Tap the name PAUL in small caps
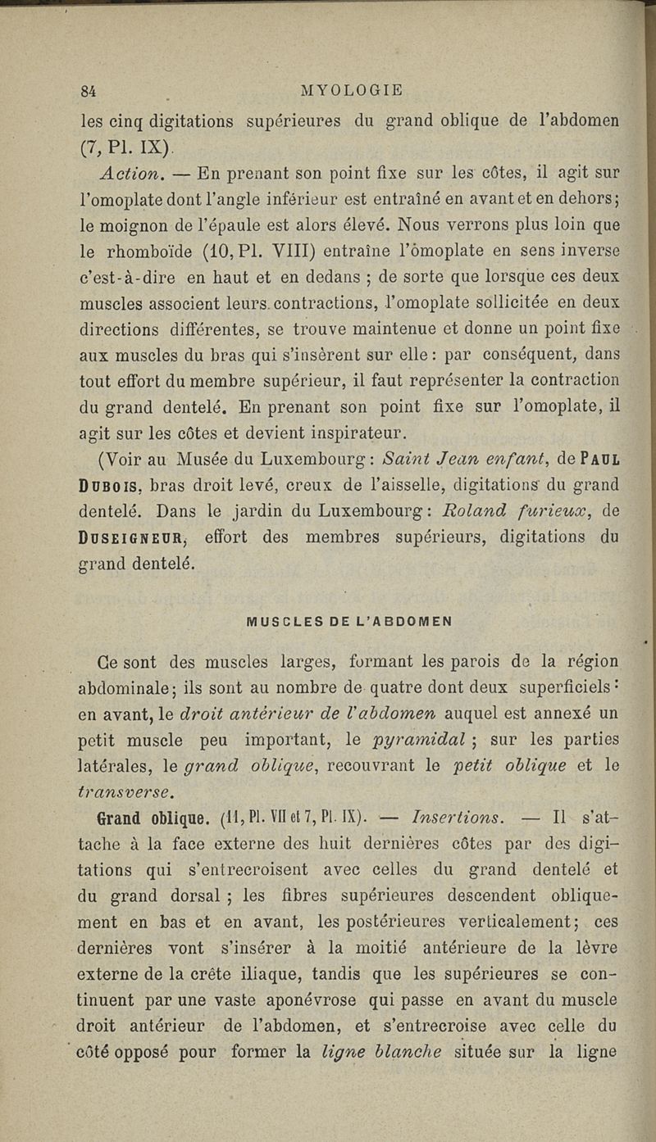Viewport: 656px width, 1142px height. pos(599,461)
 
